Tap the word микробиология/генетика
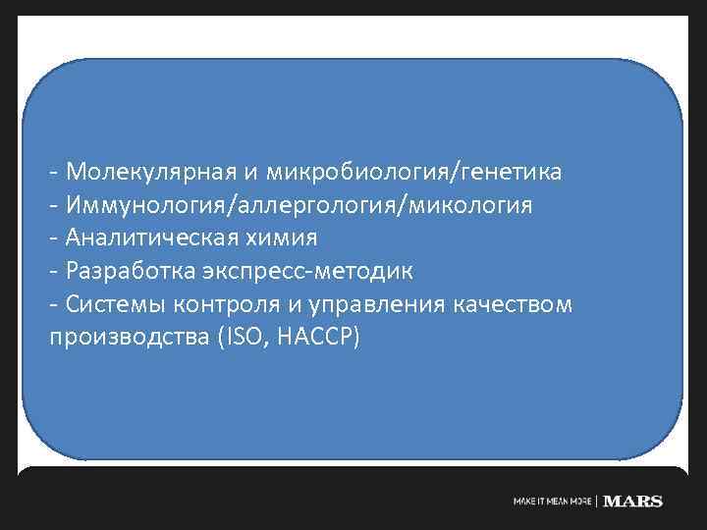click(x=411, y=173)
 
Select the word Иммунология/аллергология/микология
click(x=299, y=206)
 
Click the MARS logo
click(x=633, y=502)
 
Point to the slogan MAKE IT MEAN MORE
click(x=553, y=502)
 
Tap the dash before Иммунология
click(x=53, y=207)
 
